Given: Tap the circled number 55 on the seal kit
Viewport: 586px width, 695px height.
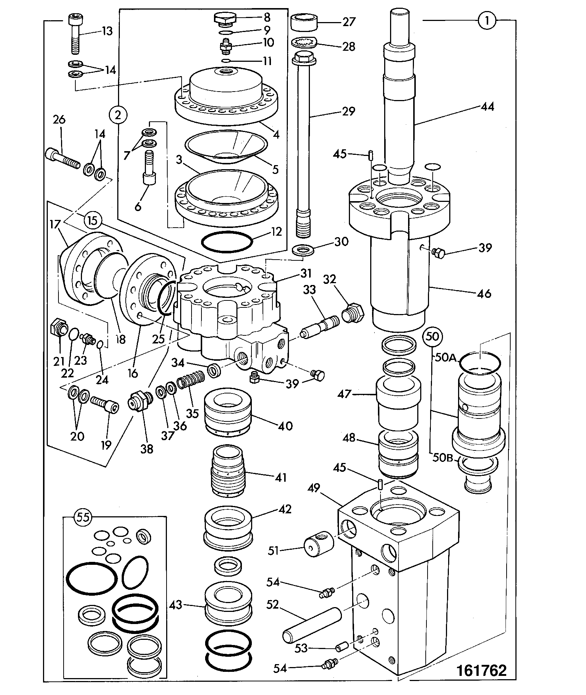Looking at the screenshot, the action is (x=83, y=517).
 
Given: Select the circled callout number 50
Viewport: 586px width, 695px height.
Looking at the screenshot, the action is (x=433, y=336).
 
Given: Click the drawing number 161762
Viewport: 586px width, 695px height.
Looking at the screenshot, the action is (x=481, y=670).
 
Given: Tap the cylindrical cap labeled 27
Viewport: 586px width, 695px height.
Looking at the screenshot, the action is (x=304, y=22).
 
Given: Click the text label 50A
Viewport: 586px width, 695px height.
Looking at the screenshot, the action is (x=445, y=357).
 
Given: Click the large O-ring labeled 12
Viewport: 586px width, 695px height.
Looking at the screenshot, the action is (x=227, y=242).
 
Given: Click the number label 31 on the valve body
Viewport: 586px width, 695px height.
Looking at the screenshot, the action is (x=306, y=273).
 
